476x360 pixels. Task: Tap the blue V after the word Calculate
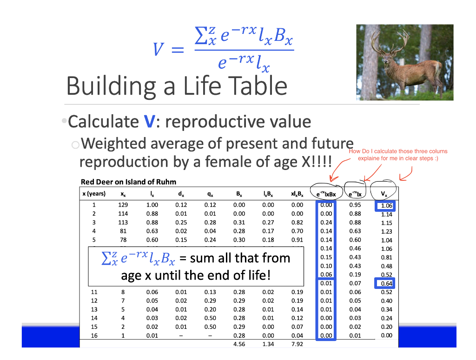point(149,122)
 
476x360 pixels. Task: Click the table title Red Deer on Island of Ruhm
point(128,182)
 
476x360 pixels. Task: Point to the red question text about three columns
point(398,155)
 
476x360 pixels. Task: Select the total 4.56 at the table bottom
point(239,344)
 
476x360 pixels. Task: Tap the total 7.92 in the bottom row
point(297,344)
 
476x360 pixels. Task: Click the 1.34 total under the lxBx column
point(268,344)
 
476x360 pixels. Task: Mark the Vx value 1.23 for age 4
point(386,231)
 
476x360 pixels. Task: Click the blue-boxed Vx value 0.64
point(386,283)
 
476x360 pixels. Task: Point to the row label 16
point(94,335)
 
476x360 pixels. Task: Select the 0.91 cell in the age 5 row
point(297,240)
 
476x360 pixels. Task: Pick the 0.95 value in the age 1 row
point(355,205)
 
